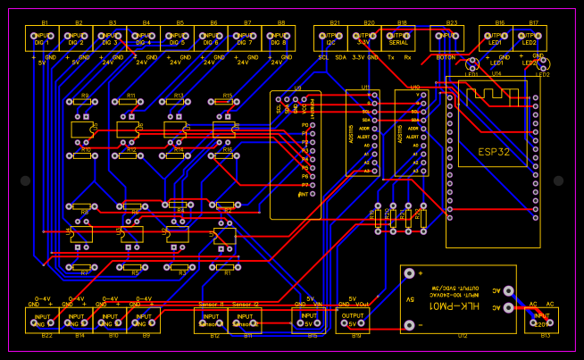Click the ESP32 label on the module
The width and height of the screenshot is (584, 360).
coord(493,152)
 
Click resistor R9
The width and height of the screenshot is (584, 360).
coord(84,103)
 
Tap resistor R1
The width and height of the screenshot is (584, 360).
coord(227,265)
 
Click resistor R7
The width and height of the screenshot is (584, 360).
coord(85,265)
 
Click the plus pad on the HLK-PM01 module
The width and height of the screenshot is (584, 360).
coord(410,274)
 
